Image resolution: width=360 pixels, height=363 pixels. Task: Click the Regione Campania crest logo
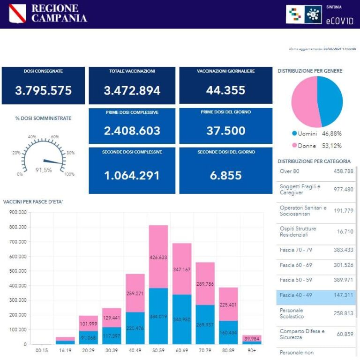coord(17,14)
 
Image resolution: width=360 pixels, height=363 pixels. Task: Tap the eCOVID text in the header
coord(338,20)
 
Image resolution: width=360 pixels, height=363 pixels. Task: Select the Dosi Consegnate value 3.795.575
coord(43,90)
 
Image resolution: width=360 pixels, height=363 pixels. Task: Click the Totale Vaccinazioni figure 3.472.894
coord(132,90)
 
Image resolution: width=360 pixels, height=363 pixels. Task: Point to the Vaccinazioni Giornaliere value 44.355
coord(225,90)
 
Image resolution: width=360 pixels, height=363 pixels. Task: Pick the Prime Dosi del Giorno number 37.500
coord(225,131)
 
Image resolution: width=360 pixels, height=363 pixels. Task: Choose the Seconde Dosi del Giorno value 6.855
coord(225,175)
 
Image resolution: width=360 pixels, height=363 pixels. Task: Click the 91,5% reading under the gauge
coord(44,170)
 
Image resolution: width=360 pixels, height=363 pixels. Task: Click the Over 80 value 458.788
coord(343,171)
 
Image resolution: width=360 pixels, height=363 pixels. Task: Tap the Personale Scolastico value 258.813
coord(343,313)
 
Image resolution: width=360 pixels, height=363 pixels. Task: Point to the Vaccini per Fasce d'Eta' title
coord(33,202)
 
